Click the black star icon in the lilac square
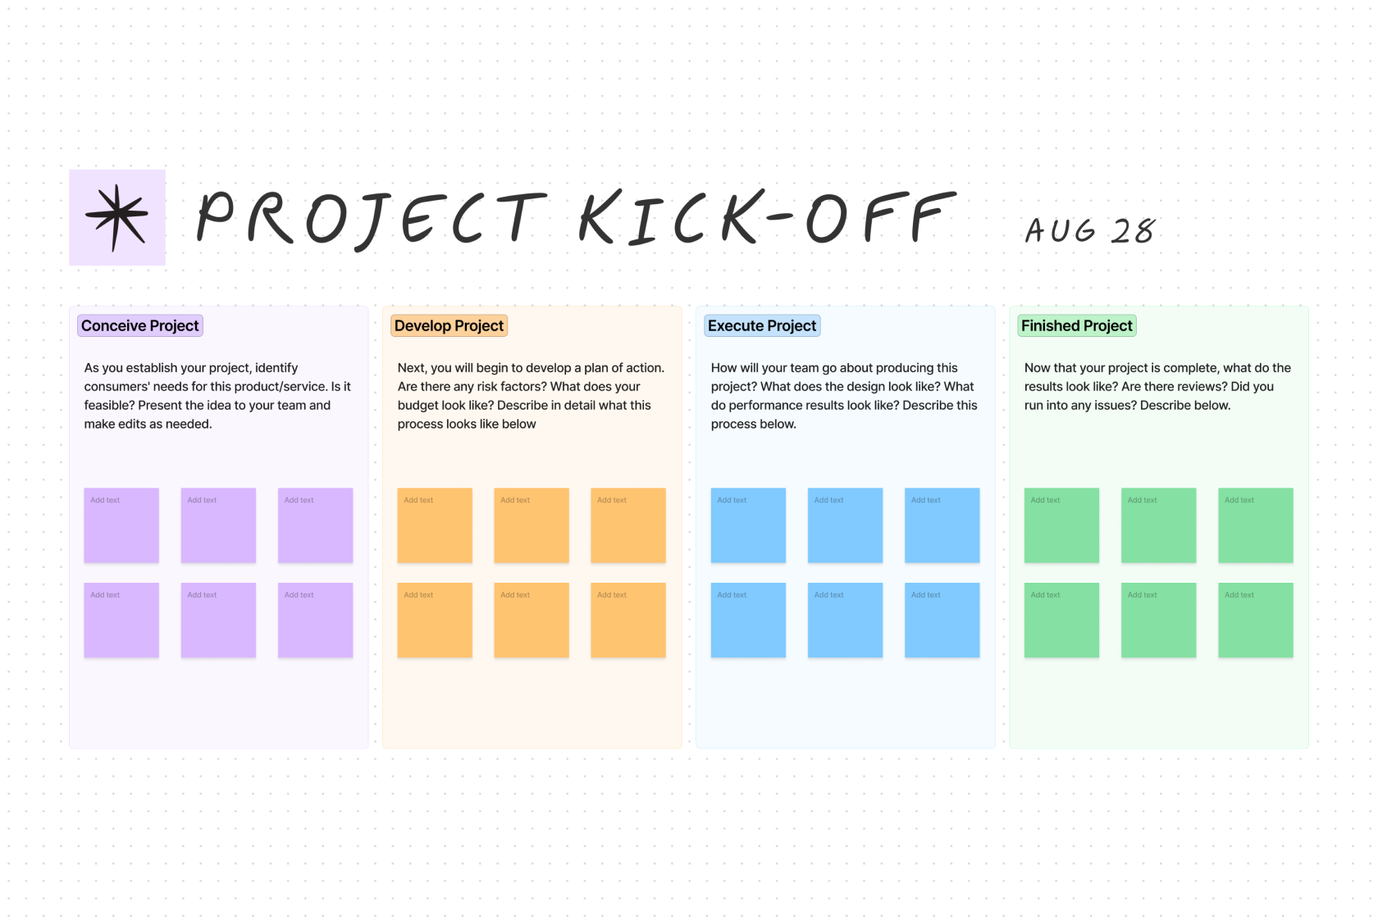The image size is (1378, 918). (116, 217)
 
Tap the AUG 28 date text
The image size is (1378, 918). (1090, 230)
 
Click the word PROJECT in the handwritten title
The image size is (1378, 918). (371, 218)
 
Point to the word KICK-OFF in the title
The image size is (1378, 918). (767, 218)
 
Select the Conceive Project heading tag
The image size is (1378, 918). (140, 325)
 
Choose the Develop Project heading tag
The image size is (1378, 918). (449, 325)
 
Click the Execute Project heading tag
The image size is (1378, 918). (762, 325)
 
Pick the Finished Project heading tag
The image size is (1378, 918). (1076, 325)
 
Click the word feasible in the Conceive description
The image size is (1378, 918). (109, 405)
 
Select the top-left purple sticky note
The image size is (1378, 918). (121, 525)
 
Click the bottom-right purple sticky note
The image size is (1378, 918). (315, 620)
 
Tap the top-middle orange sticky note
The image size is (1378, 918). (532, 525)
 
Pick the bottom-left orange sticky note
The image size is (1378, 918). (435, 620)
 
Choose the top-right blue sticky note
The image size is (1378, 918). (942, 525)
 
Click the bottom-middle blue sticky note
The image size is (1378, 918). (845, 620)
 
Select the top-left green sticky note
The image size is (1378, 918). (1061, 525)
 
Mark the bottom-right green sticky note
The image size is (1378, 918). (1255, 620)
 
